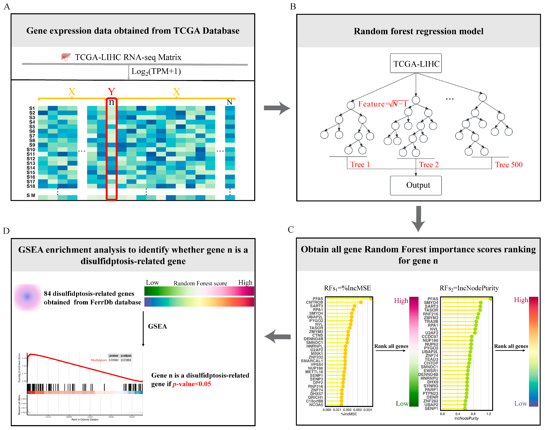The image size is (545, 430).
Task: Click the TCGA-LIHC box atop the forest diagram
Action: (416, 63)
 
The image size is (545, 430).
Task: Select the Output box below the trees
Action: (416, 185)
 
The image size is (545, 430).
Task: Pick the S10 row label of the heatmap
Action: (31, 150)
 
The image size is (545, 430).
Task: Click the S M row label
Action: (31, 195)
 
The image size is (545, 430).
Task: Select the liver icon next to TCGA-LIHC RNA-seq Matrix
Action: (66, 57)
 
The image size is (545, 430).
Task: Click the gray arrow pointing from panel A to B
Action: (276, 108)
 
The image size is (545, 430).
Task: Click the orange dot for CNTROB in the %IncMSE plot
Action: (361, 302)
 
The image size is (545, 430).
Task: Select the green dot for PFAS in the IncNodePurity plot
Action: (490, 299)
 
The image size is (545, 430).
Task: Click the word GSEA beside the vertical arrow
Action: (157, 326)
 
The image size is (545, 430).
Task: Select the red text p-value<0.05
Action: (192, 384)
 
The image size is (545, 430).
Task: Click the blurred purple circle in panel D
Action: (27, 297)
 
